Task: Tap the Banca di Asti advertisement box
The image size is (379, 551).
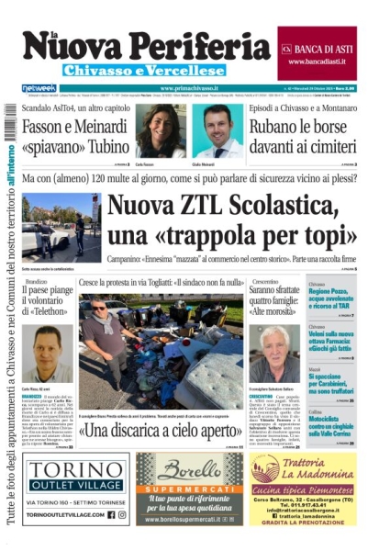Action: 317,53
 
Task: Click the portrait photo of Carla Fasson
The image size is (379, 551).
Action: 162,130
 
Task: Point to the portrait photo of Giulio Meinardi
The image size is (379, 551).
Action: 217,130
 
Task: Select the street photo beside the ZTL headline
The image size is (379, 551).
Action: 61,226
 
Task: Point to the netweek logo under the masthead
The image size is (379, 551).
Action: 39,88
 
